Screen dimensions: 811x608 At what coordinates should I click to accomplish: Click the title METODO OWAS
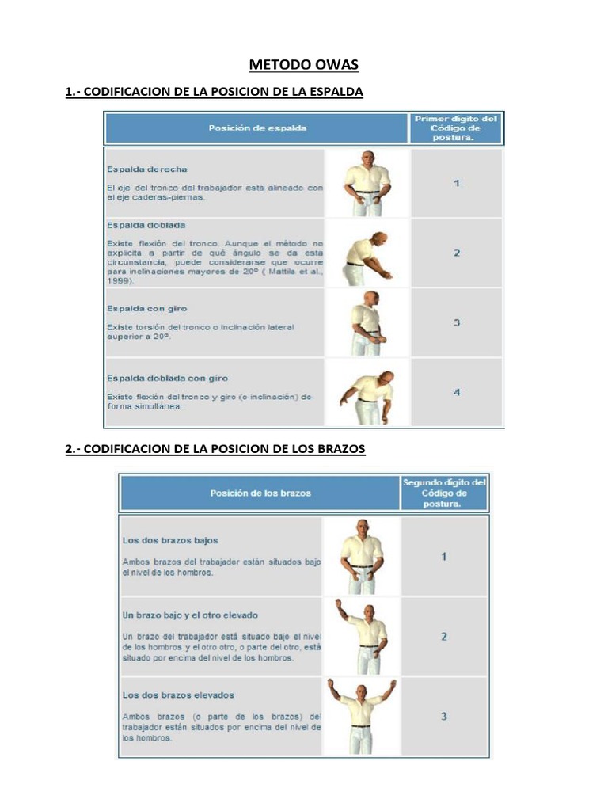(304, 64)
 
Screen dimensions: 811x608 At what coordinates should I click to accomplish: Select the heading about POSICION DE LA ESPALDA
(214, 92)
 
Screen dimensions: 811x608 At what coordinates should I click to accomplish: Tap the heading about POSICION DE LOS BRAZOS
(215, 449)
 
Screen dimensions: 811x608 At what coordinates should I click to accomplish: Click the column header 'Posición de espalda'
(257, 128)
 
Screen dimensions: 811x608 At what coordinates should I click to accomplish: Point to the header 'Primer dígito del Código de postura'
(457, 127)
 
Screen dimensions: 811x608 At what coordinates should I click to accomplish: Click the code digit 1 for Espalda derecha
(457, 184)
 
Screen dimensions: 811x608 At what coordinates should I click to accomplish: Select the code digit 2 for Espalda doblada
(457, 253)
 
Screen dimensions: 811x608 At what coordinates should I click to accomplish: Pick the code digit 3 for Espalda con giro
(457, 323)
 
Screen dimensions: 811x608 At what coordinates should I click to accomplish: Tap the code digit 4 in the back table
(457, 392)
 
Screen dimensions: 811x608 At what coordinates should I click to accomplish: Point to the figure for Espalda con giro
(367, 323)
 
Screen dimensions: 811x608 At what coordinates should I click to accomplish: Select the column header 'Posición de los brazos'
(260, 493)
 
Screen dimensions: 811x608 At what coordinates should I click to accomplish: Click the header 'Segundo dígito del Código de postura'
(444, 492)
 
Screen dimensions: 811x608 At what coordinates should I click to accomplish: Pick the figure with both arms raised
(362, 715)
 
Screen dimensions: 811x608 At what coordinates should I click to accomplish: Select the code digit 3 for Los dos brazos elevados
(444, 716)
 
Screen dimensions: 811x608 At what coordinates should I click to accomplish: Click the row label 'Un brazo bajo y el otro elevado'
(190, 615)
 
